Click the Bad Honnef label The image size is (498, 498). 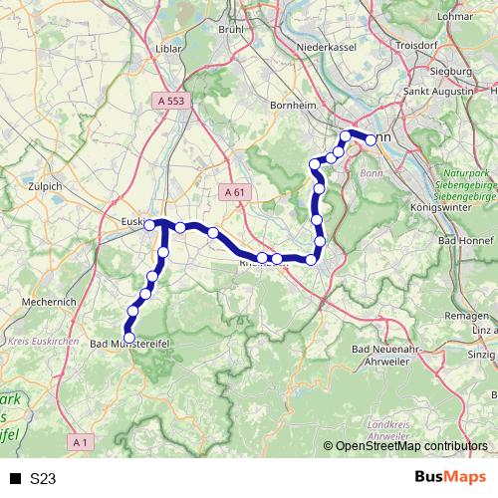pos(461,242)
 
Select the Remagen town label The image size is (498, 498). pos(464,314)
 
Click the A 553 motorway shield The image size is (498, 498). pos(171,101)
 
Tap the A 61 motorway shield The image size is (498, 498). pos(234,192)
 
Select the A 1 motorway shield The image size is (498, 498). pos(82,440)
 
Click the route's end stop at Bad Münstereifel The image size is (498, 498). pos(128,338)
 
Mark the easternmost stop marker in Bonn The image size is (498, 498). pos(371,139)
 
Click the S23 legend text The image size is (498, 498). pos(43,479)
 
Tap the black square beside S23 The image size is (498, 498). pos(16,479)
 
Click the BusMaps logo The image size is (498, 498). pos(449,478)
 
